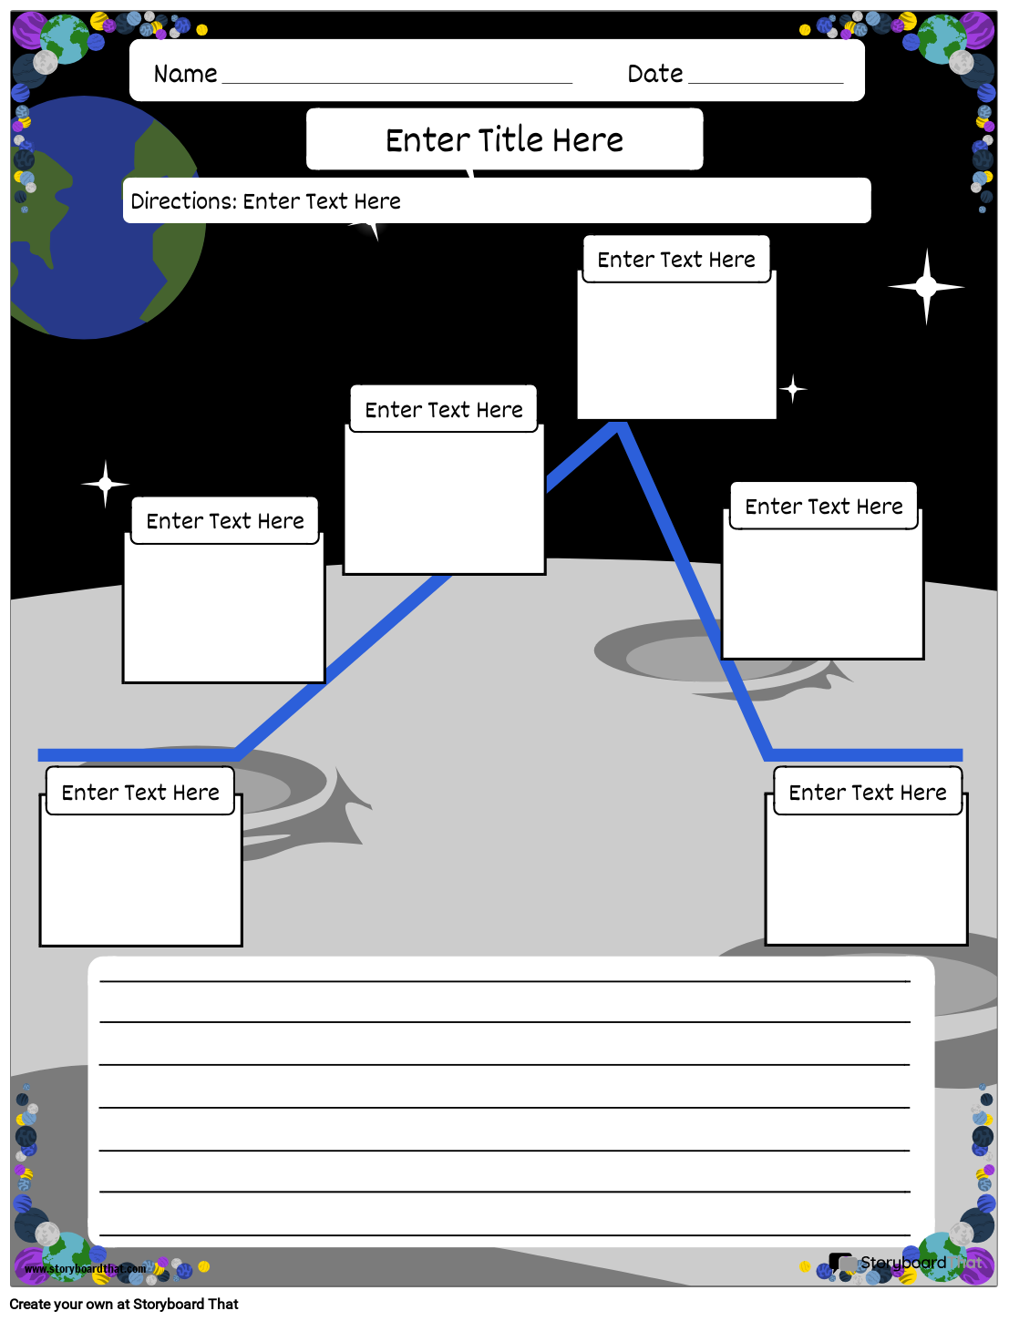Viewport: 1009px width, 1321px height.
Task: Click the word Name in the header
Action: pos(185,74)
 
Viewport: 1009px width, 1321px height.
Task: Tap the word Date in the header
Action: pos(654,74)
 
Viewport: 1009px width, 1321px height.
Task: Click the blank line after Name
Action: pos(396,81)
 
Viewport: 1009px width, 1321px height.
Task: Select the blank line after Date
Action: pos(766,81)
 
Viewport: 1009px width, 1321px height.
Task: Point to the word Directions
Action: pos(183,201)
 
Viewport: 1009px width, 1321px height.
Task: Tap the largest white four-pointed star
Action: pos(926,287)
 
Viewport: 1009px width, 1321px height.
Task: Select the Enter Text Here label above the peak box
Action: pos(676,260)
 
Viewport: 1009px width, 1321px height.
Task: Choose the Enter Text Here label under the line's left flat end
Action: pos(140,793)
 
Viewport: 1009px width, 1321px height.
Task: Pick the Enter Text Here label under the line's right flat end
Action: pos(868,793)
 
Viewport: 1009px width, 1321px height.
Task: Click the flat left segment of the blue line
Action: pos(137,754)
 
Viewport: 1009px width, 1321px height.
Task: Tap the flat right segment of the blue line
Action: pos(866,754)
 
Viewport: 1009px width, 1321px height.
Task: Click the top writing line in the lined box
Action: pos(504,981)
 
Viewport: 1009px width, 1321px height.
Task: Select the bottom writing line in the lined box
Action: pos(504,1234)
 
